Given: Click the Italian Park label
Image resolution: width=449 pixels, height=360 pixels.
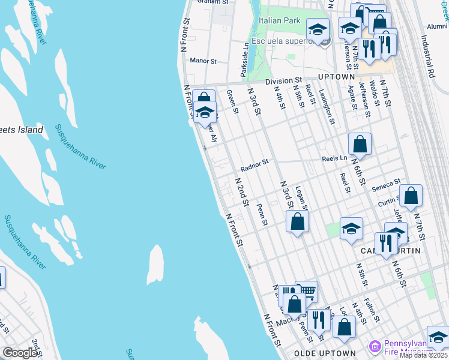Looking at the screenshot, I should (279, 20).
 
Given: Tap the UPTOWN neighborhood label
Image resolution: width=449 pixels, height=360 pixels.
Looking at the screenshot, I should (337, 77).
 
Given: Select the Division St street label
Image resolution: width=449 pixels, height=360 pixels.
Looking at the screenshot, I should (283, 80).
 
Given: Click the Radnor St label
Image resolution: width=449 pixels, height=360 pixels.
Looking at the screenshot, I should (254, 161).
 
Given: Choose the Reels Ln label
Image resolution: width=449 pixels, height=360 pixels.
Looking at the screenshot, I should (334, 158).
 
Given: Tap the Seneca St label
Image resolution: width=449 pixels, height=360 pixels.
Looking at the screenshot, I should (385, 185).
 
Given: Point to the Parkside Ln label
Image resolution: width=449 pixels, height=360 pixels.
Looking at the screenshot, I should (245, 59).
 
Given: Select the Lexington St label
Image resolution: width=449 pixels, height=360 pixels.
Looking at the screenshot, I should (327, 107).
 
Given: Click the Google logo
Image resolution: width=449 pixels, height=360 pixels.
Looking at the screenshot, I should (20, 353).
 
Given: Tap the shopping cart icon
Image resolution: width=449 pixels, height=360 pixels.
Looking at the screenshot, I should (307, 291).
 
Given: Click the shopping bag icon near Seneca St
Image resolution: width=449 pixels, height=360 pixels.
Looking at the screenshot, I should (411, 196).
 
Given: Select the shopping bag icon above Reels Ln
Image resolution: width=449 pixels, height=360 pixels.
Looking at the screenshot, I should (360, 144).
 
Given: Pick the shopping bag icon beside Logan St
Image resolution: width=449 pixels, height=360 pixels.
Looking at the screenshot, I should (298, 221).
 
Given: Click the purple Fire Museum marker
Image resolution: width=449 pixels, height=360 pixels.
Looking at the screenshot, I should (375, 346).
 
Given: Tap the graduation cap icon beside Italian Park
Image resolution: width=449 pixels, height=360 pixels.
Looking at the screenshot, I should (318, 29).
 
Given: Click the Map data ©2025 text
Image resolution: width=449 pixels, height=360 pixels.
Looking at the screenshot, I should (424, 355).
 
